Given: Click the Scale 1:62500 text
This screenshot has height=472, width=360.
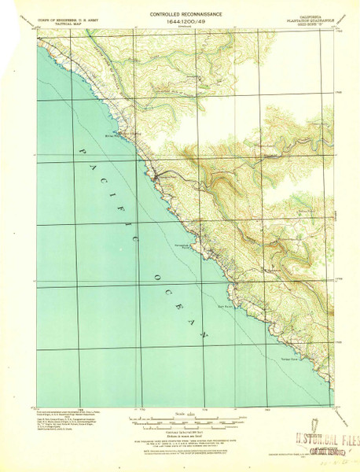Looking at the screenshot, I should pos(181,414).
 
